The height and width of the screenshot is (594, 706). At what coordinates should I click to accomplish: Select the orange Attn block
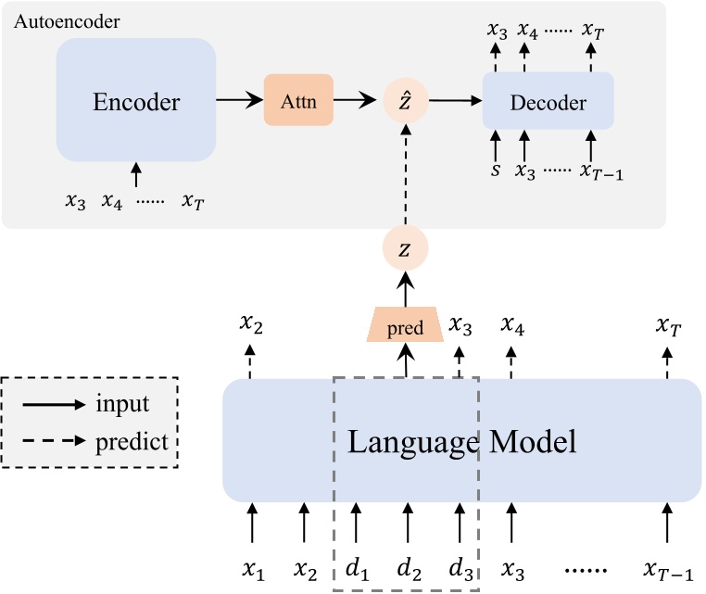pos(298,103)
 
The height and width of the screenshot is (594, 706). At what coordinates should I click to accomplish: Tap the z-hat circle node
pos(406,102)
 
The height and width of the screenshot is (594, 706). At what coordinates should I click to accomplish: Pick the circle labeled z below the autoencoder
pos(406,247)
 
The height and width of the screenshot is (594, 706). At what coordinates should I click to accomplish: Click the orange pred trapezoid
pos(406,327)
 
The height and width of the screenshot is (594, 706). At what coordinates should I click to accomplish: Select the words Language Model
pos(461,441)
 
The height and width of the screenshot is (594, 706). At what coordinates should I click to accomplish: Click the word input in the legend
pos(122,404)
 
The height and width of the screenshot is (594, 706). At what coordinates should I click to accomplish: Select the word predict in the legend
pos(132,441)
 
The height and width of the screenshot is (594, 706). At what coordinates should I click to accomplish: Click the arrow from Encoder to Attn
pos(239,102)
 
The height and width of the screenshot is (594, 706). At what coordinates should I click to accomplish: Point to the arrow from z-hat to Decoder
pos(453,102)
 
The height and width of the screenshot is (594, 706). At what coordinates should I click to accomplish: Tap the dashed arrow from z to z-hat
pos(406,176)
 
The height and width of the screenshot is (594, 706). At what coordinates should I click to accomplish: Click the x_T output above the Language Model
pos(668,326)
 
